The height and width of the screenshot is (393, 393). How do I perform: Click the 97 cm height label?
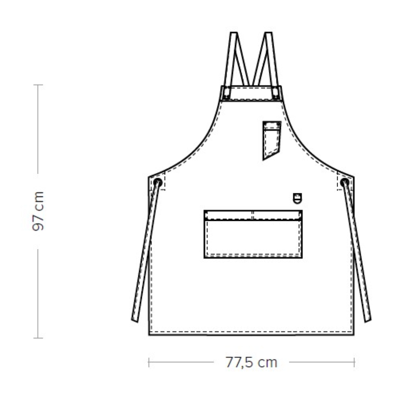coord(38,211)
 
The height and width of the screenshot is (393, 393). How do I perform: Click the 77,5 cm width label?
coord(252,362)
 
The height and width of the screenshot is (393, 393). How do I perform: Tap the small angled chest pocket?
coord(272,140)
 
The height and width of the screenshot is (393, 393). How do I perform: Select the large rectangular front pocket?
coord(253,234)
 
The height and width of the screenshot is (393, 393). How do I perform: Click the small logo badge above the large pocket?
coord(298,198)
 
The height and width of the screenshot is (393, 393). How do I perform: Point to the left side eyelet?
coord(158,182)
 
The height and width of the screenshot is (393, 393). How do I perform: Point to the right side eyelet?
coord(345,182)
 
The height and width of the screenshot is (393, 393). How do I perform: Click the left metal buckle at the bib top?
coord(227,92)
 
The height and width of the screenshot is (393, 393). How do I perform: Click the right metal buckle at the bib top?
coord(275,92)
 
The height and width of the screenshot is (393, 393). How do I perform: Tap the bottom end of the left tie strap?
coord(135,320)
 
